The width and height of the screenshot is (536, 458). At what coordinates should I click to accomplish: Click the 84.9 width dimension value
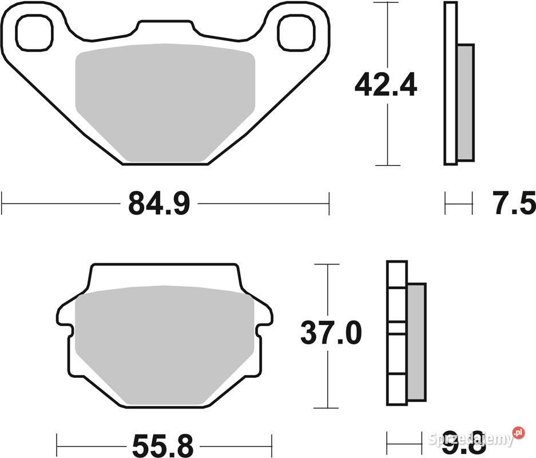(x=158, y=203)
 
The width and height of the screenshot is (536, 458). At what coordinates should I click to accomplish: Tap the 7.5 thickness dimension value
(x=513, y=203)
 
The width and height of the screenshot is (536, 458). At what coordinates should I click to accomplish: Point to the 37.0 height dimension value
(x=331, y=333)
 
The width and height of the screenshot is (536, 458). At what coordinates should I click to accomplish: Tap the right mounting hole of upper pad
(x=296, y=32)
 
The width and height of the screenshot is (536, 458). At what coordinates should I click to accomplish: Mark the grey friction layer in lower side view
(x=416, y=341)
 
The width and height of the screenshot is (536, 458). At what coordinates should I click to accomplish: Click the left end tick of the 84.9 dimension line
(x=3, y=203)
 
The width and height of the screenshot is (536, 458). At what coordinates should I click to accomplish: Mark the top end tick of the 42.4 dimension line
(x=388, y=3)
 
